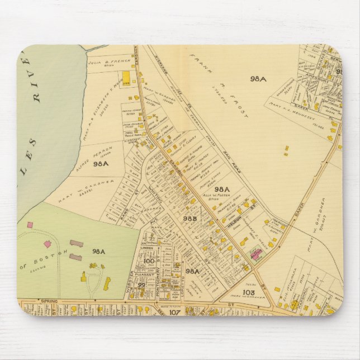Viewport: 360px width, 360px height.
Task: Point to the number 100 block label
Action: click(148, 260)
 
